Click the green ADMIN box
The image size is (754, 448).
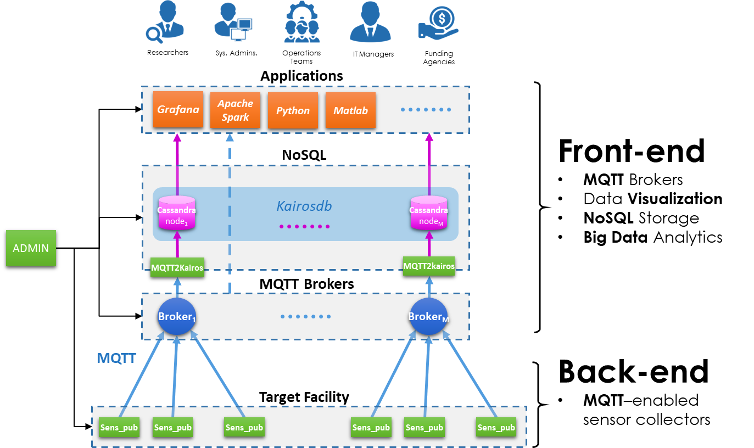point(31,249)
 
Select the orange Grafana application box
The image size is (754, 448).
point(178,109)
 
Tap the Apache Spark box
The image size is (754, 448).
point(235,110)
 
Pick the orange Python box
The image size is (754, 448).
point(293,110)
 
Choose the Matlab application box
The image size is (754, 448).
point(350,110)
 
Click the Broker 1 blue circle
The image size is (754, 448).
point(177,317)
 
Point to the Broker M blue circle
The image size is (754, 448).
point(429,317)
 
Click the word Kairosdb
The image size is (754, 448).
point(304,206)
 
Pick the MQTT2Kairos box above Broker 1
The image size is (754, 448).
point(177,267)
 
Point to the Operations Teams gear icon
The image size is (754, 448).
point(302,23)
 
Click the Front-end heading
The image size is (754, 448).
point(632,151)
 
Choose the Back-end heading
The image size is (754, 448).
point(633,372)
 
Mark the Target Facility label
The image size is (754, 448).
point(304,396)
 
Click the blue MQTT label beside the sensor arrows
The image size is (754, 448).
point(116,359)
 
